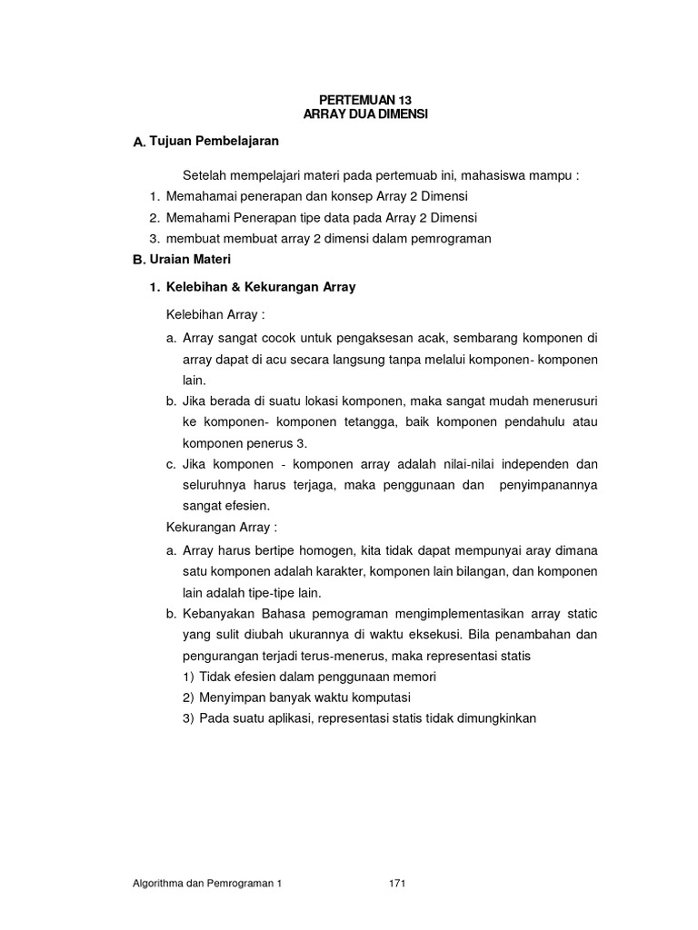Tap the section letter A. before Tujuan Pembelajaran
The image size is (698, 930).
tap(139, 143)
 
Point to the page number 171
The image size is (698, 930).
tap(396, 883)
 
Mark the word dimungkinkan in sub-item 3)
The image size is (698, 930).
tap(490, 718)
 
